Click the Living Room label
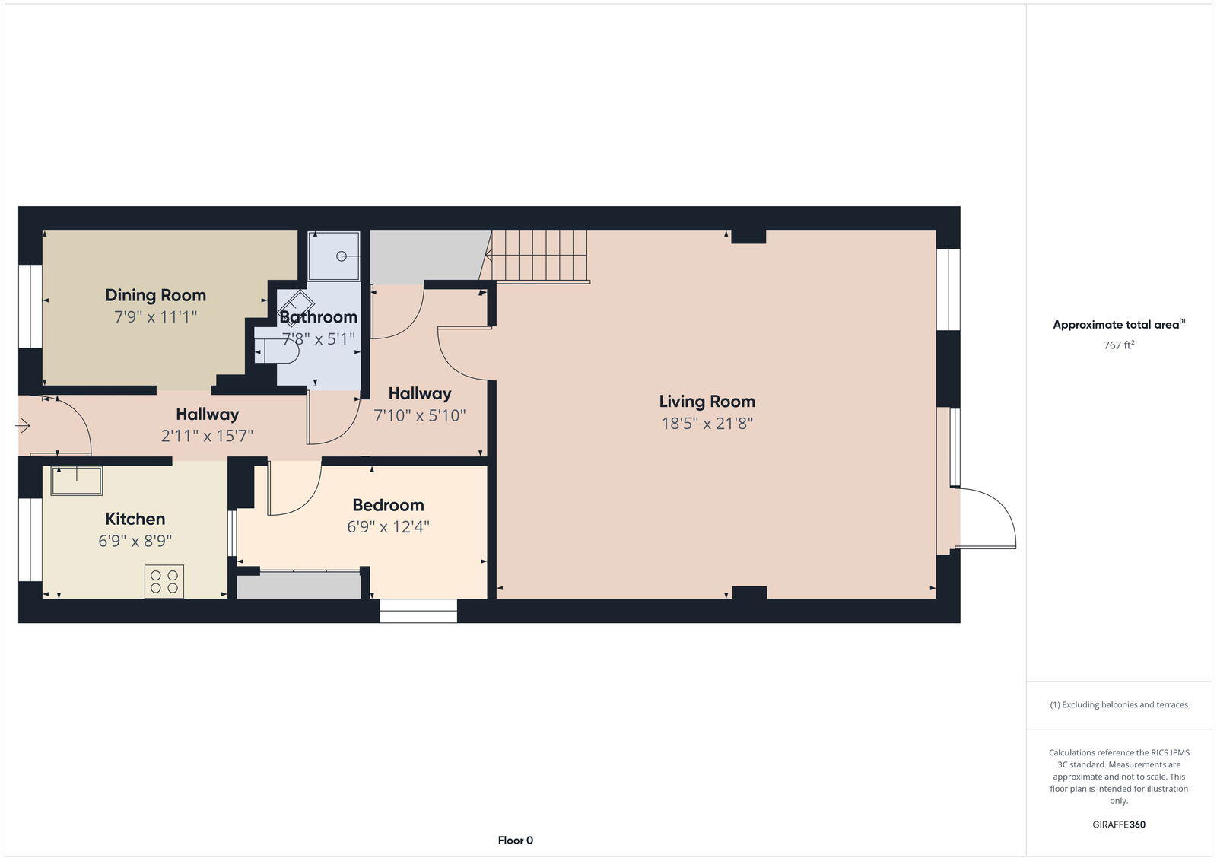click(x=707, y=402)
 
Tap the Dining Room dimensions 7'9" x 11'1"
click(x=156, y=316)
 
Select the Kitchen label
click(x=135, y=519)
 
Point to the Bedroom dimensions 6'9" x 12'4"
click(x=388, y=526)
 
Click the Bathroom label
click(x=318, y=316)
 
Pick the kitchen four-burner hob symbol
click(x=164, y=582)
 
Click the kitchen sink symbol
click(x=77, y=481)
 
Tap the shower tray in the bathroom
click(x=334, y=256)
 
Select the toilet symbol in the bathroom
click(x=278, y=351)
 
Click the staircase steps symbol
click(x=538, y=256)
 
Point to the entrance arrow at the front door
click(x=23, y=426)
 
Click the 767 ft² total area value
click(x=1119, y=345)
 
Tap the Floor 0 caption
click(x=516, y=841)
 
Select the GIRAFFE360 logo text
click(x=1119, y=825)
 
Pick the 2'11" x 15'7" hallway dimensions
click(x=207, y=436)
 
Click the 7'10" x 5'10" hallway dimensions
click(x=420, y=415)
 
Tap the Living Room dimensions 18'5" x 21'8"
click(x=707, y=424)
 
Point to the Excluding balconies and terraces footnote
click(x=1119, y=705)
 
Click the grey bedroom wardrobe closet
click(x=298, y=585)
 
